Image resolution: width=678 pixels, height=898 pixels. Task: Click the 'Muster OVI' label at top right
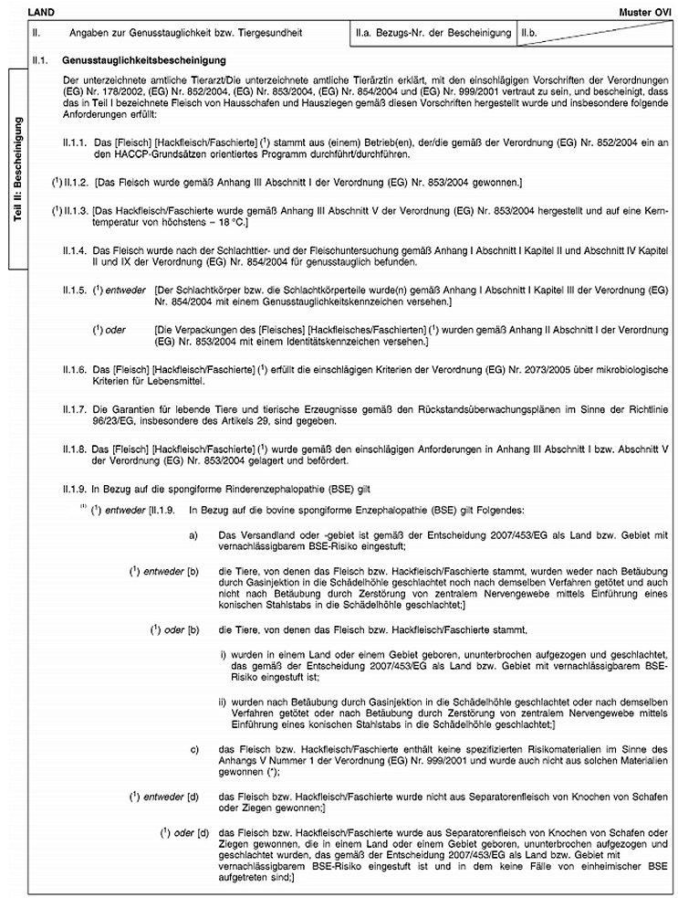click(649, 7)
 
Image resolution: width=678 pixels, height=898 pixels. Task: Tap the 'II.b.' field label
click(529, 33)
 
